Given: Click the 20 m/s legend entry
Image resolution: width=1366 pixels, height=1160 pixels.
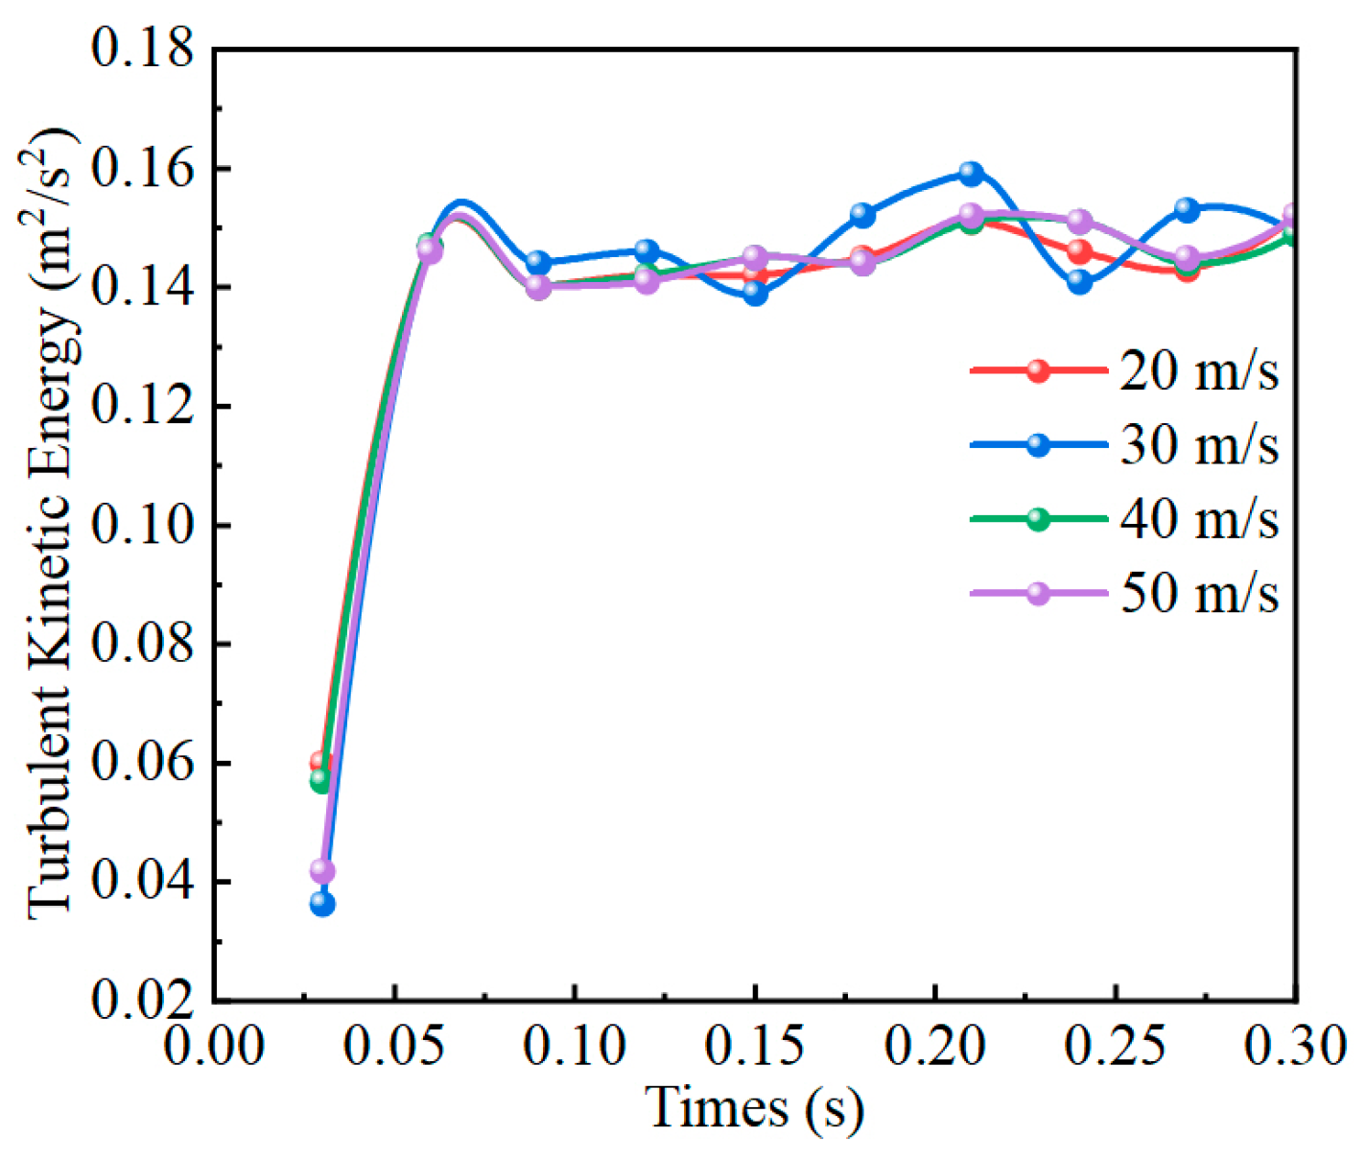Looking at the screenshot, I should [x=1124, y=371].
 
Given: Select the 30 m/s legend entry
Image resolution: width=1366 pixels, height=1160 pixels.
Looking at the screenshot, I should [x=1124, y=445].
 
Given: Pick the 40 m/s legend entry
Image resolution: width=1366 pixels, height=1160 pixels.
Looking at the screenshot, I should [x=1124, y=519].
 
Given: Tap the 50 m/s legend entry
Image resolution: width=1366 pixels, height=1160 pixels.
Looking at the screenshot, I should [x=1124, y=593].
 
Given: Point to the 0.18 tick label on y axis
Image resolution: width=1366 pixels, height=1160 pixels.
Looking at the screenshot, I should [x=142, y=48].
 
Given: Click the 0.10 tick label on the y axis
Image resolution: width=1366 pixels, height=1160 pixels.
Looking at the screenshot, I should [x=142, y=525].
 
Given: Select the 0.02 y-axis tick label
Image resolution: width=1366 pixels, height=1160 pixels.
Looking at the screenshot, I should [x=142, y=1000].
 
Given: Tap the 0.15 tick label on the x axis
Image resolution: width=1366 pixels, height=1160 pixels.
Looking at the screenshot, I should [x=755, y=1046].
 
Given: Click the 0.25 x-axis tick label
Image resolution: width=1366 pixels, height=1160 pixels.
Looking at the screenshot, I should [x=1116, y=1046].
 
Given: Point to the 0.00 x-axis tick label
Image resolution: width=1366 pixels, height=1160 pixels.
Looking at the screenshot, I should [x=214, y=1046].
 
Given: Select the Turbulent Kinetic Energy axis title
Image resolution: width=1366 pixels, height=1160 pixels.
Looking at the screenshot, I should [x=52, y=523].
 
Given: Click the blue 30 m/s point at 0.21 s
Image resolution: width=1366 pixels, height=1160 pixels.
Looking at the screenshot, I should [x=971, y=174].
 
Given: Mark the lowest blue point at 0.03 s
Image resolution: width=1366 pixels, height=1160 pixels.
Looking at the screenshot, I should [x=322, y=904].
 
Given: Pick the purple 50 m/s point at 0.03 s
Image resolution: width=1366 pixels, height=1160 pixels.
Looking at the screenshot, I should [x=322, y=871].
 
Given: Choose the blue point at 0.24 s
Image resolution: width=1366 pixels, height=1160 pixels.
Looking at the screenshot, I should [x=1079, y=282].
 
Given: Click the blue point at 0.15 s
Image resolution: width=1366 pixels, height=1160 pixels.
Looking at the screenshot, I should [x=755, y=294].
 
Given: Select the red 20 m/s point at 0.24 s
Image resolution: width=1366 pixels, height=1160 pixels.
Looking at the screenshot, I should [x=1079, y=252].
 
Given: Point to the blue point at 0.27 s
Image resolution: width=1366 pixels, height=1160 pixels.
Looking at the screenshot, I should [x=1188, y=209].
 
